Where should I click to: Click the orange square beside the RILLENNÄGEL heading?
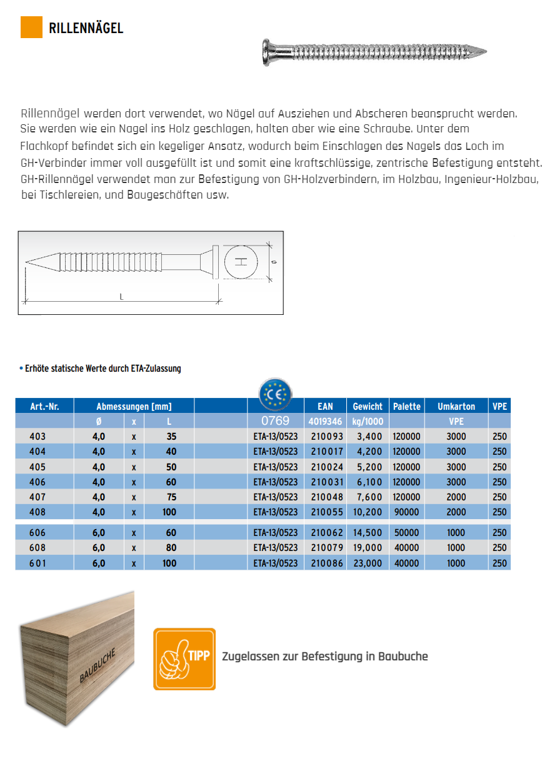tap(31, 27)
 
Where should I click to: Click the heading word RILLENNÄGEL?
tap(86, 28)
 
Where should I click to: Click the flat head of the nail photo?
tap(266, 50)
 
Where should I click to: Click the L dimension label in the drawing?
tap(121, 297)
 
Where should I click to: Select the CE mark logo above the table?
tap(276, 394)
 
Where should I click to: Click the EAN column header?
tap(325, 406)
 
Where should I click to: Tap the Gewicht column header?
tap(368, 406)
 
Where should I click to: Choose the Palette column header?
tap(407, 406)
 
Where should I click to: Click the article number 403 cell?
tap(39, 436)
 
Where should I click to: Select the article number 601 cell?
tap(39, 563)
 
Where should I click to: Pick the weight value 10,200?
tap(368, 512)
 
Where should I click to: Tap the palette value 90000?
tap(407, 512)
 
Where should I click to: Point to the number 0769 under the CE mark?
tap(275, 421)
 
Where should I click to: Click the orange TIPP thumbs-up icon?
tap(184, 658)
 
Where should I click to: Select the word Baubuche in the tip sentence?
tap(404, 657)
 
